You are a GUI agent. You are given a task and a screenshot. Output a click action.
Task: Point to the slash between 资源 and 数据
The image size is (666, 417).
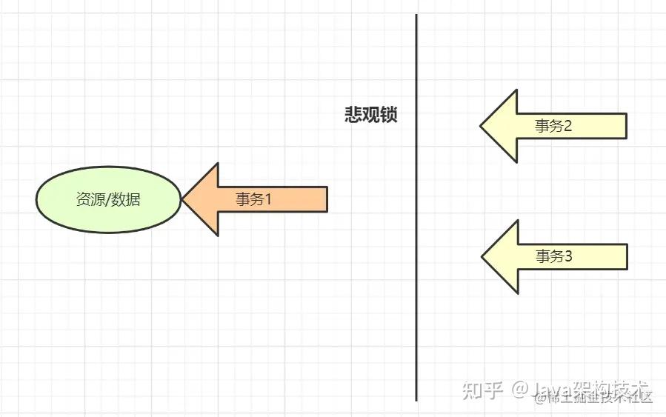point(107,199)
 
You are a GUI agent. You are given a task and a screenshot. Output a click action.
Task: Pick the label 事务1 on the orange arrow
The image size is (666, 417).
point(254,199)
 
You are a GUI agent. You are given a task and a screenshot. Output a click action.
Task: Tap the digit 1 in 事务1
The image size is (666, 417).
point(269,199)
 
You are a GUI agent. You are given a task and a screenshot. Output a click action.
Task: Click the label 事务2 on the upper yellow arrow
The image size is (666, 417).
point(553,126)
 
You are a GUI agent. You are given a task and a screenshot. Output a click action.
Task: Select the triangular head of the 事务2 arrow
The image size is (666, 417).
point(500,126)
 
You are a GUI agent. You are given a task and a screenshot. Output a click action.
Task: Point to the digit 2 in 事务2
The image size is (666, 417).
point(568,126)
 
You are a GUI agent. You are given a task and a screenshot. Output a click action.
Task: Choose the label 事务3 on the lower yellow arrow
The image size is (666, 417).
point(554,256)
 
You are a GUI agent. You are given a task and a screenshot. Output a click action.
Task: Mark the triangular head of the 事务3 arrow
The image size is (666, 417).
point(501,256)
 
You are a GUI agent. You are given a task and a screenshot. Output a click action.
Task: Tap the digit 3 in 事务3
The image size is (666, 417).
point(569,256)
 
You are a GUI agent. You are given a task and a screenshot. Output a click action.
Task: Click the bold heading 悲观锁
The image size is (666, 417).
point(371,115)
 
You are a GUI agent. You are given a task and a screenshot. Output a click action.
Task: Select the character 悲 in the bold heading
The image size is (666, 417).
point(353,115)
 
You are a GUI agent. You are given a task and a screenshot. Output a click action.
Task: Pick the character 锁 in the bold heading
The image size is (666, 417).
point(389,115)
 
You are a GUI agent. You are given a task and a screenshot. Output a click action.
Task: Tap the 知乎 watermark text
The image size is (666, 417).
point(482,389)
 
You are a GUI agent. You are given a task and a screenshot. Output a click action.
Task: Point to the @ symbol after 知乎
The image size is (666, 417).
point(521,389)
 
